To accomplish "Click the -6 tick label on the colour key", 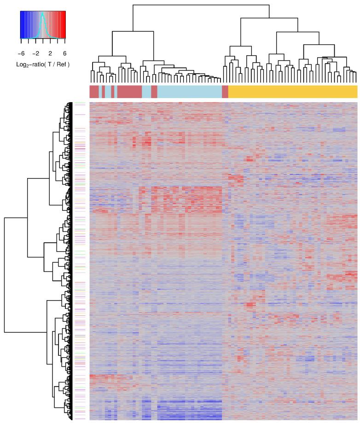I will tap(21, 53).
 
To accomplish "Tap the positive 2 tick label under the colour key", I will tap(50, 53).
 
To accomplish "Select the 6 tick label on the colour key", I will tap(64, 53).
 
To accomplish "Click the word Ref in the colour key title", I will tap(62, 63).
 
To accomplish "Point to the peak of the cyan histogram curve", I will tap(42, 14).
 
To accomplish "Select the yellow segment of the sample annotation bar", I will tap(293, 91).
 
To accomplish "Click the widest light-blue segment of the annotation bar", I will tap(189, 91).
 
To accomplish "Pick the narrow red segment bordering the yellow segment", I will tap(225, 91).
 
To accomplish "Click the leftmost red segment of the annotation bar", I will tap(94, 91).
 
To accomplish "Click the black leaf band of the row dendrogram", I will tap(71, 260).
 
